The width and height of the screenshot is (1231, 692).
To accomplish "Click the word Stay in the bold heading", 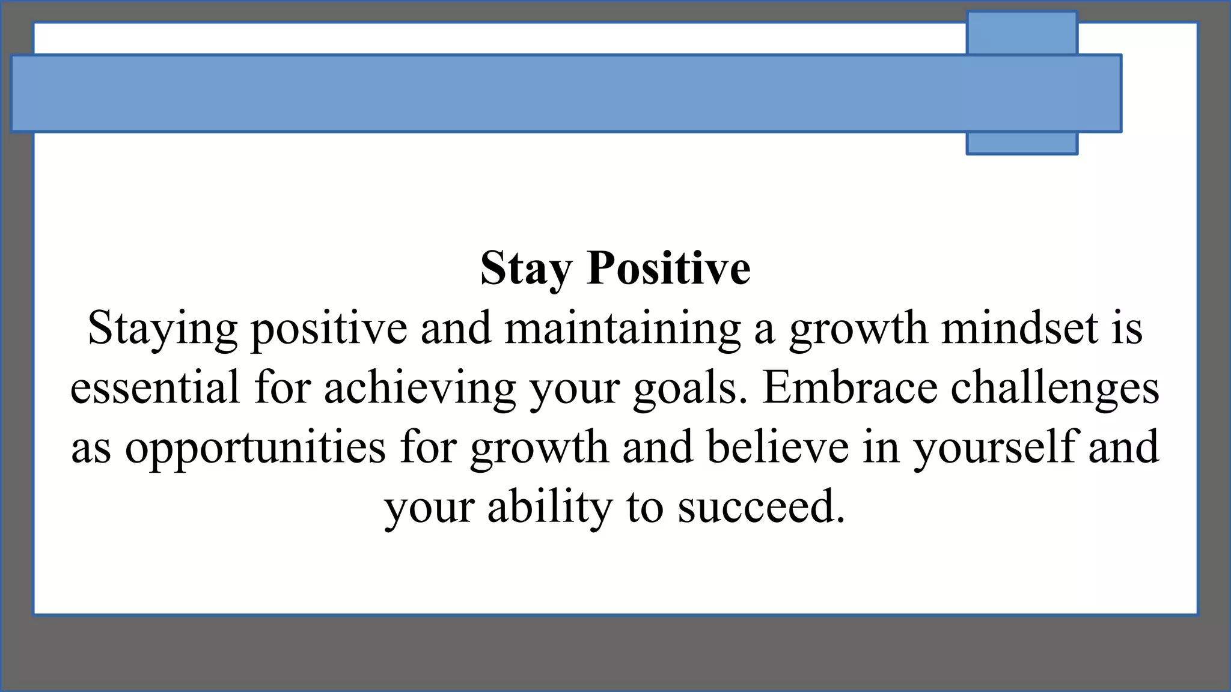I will (525, 269).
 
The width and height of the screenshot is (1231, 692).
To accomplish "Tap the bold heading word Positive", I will (669, 268).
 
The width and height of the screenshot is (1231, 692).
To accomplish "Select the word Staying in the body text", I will (162, 329).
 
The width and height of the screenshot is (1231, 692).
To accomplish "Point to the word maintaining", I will (623, 329).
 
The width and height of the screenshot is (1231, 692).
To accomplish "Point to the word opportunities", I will (255, 448).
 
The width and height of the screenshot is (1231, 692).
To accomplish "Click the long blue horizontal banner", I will (481, 93).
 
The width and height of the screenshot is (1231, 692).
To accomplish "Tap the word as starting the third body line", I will (91, 448).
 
